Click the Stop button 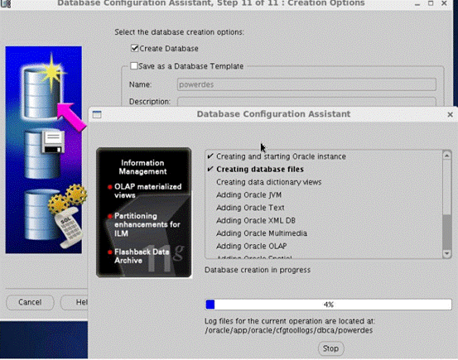tap(330, 348)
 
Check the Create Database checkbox tap(136, 49)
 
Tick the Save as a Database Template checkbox tap(136, 66)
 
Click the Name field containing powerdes tap(306, 84)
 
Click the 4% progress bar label tap(329, 305)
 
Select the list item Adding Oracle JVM tap(249, 194)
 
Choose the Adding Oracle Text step tap(250, 208)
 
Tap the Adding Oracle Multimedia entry tap(261, 233)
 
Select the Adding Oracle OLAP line tap(252, 246)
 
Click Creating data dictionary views tap(268, 182)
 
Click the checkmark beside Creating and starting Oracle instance tap(210, 156)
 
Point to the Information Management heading tap(142, 167)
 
